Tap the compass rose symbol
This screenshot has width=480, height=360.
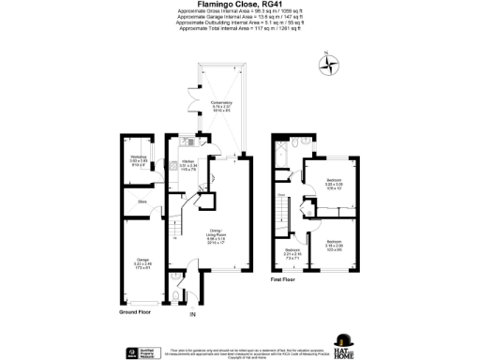[329, 65]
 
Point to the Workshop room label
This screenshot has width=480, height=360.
[139, 160]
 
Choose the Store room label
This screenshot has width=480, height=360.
[142, 201]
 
